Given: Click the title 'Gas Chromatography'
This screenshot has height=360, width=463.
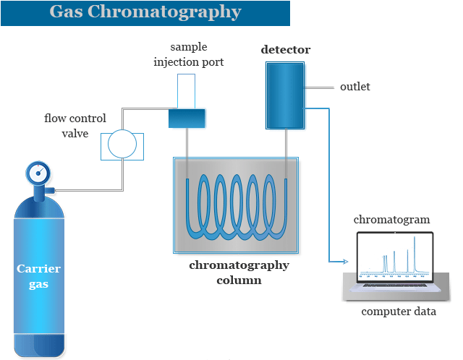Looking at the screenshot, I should [x=145, y=13].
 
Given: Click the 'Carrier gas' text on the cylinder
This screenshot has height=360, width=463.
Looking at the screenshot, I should [x=39, y=276].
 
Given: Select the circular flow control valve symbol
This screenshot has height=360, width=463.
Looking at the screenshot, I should [x=122, y=145].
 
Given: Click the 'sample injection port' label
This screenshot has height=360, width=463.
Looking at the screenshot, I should [x=188, y=55].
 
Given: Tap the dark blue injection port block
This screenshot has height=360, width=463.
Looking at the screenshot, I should [x=187, y=118].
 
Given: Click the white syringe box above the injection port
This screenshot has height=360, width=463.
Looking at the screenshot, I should [x=187, y=91].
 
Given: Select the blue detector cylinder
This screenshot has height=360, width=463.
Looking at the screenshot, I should [x=284, y=95].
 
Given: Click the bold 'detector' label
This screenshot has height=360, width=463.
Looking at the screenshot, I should [x=285, y=50].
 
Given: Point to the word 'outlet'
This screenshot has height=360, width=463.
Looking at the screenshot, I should [x=354, y=87].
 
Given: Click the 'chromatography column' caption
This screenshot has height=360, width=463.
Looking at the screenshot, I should [x=239, y=272].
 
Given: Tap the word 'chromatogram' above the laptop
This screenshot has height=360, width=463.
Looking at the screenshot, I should [x=391, y=219].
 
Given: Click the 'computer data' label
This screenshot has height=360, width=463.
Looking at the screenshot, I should [x=399, y=312].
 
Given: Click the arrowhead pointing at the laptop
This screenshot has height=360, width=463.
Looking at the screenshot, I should [x=349, y=261].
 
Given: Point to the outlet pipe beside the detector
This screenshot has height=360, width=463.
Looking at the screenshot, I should [x=319, y=87].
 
